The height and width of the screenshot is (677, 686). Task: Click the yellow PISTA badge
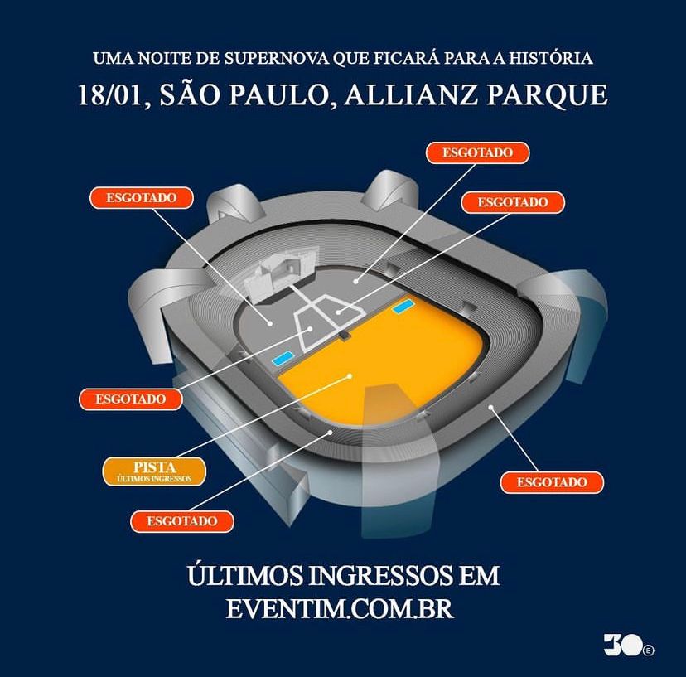(154, 471)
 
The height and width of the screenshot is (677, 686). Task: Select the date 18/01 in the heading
(111, 95)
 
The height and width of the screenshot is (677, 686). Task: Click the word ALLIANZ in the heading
(411, 94)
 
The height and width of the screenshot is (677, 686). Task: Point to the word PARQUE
(548, 95)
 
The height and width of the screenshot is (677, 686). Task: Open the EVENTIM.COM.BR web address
(340, 608)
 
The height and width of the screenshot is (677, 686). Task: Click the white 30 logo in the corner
(629, 644)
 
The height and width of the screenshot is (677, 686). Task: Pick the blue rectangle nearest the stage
(284, 358)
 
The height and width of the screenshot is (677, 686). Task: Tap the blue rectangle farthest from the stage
(403, 306)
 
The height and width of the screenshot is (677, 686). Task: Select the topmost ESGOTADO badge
(478, 152)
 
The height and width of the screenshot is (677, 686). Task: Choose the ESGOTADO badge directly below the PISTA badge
(182, 521)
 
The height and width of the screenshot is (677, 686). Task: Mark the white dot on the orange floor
(350, 375)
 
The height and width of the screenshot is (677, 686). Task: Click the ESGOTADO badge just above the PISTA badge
(130, 399)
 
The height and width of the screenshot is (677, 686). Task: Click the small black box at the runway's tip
(345, 336)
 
